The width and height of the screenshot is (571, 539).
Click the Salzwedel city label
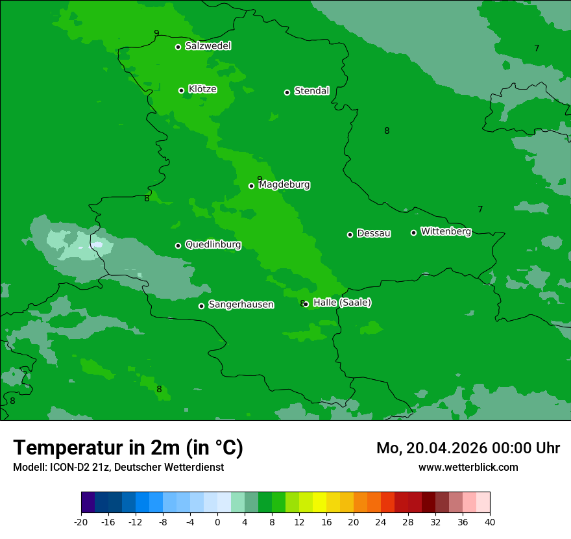pos(208,46)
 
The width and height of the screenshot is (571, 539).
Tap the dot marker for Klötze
pos(181,90)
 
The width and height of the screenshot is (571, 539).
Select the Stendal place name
pos(312,91)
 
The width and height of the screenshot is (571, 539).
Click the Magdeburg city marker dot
pos(251,186)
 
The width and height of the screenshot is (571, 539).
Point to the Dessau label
pos(374,233)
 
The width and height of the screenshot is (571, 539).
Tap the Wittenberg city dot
pos(413,232)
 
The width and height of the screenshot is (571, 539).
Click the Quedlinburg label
pos(213,245)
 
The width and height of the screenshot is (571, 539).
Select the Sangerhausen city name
pos(241,305)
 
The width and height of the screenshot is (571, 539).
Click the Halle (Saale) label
pos(342,303)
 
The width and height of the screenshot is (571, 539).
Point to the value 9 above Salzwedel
pos(156,33)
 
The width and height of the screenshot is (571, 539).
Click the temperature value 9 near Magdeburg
pos(260,179)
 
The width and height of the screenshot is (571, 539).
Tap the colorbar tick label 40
pos(489,521)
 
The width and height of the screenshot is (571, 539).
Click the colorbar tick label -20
pos(81,521)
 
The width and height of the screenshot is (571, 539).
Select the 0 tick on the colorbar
pos(217,521)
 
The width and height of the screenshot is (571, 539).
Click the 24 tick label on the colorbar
pos(380,521)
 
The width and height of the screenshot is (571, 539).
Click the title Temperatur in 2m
pos(128,447)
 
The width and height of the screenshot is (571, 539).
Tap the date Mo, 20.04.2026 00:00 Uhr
pos(468,448)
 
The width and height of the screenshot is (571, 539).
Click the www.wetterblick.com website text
pos(468,467)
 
